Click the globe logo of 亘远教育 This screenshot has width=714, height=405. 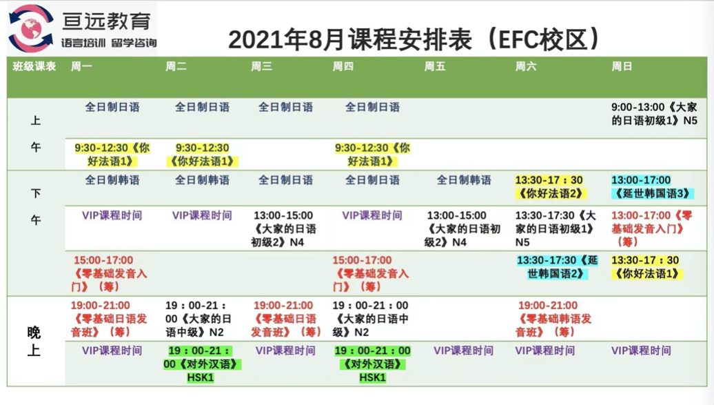click(31, 28)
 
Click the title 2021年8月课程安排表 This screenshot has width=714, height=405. click(349, 40)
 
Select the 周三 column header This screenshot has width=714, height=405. click(261, 67)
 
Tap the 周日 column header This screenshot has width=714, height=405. click(622, 67)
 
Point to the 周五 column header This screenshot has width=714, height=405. click(435, 67)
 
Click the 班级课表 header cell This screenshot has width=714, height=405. click(34, 67)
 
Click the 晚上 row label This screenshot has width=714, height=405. click(34, 341)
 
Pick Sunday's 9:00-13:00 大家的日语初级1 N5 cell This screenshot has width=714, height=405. click(654, 114)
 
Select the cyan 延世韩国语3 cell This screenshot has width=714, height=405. click(652, 186)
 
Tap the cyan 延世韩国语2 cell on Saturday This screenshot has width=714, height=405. click(557, 267)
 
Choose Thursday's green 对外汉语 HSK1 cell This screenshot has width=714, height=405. click(372, 364)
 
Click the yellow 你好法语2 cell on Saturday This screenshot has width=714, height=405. click(550, 186)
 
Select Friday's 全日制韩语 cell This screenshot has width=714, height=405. click(464, 180)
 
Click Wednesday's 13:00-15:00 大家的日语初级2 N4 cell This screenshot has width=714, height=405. click(283, 228)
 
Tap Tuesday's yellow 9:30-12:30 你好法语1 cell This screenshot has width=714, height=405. click(202, 154)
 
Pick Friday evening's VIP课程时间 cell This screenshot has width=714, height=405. click(464, 350)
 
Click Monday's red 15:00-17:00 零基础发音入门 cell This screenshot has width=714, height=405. click(109, 273)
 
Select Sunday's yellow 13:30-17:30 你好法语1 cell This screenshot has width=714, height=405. click(646, 267)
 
